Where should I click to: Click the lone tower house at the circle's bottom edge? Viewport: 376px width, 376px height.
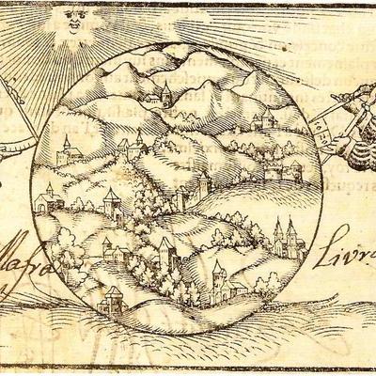[x=112, y=298]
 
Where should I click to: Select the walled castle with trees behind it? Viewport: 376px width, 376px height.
[x=282, y=172]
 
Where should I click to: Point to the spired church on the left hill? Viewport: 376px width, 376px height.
[x=66, y=150]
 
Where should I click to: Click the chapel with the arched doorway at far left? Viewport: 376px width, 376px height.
[x=45, y=199]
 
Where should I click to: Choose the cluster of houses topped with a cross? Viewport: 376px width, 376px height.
[x=132, y=149]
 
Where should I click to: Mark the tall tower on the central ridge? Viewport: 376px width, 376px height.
[x=201, y=183]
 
